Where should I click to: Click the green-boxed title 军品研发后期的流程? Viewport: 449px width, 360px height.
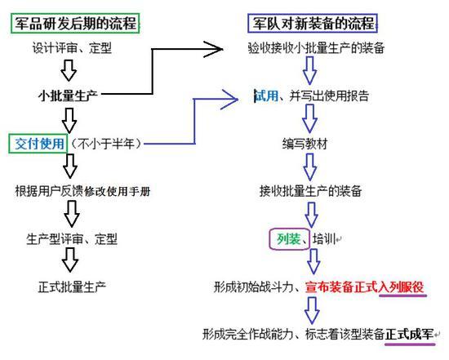(x=75, y=23)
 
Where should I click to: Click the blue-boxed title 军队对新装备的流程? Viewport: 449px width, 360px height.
(x=313, y=23)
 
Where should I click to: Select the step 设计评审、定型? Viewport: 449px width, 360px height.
(x=72, y=48)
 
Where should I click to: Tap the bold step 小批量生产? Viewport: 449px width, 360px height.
(x=68, y=96)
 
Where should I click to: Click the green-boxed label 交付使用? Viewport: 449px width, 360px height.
(x=38, y=143)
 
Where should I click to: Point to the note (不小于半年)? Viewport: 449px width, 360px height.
(x=106, y=144)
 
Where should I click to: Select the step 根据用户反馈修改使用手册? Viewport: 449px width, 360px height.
(x=82, y=191)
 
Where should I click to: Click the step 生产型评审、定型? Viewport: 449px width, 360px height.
(x=72, y=239)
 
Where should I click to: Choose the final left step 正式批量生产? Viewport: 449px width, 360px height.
(x=72, y=287)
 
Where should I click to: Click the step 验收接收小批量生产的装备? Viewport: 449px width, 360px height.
(x=316, y=48)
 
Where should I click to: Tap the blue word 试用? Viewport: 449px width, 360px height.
(x=267, y=96)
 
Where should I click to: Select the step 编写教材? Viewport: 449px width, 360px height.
(x=305, y=144)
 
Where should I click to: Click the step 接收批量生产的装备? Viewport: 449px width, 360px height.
(x=310, y=191)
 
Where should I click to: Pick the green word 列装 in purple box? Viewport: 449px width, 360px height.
(x=289, y=239)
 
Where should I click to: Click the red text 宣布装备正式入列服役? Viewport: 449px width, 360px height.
(x=364, y=287)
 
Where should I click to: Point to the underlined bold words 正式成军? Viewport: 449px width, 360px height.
(x=410, y=334)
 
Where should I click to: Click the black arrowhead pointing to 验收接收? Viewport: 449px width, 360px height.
(x=213, y=49)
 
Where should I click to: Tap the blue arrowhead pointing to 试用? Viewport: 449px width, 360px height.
(x=229, y=100)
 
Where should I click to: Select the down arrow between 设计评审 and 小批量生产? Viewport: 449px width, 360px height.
(x=69, y=70)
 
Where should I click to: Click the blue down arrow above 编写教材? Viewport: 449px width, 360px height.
(x=309, y=118)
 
